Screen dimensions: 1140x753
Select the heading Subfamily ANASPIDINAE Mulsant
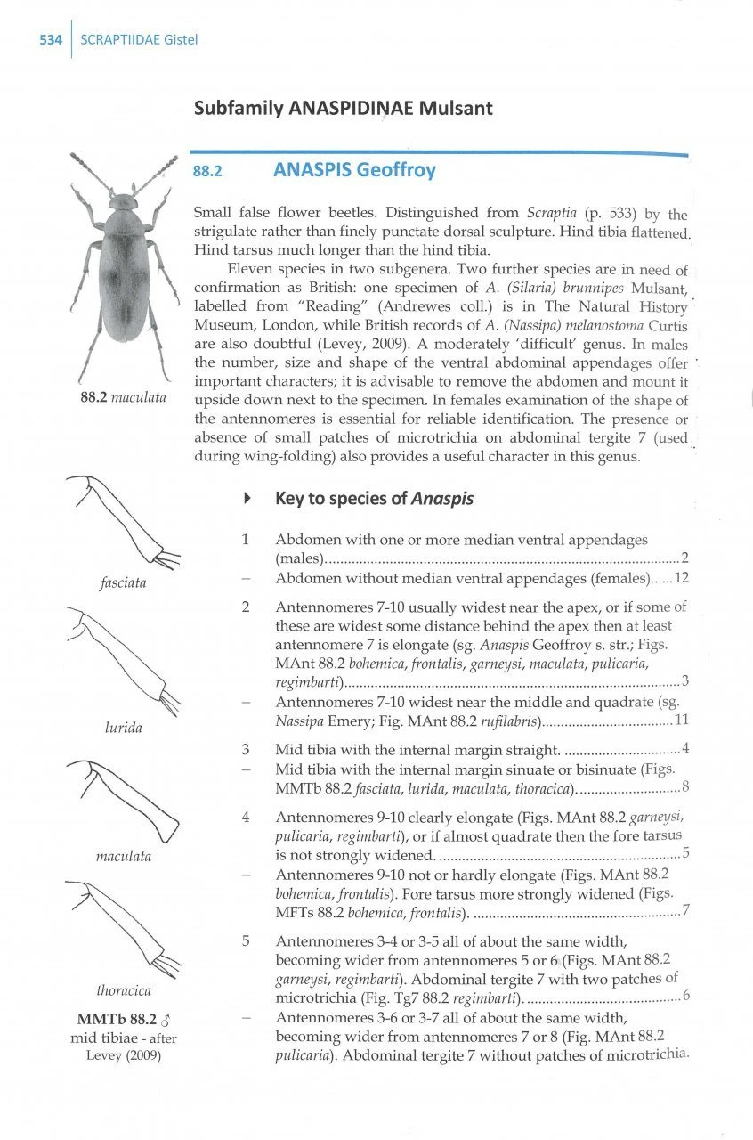343,109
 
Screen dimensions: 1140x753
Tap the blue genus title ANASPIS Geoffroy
354,169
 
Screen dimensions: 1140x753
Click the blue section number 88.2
207,170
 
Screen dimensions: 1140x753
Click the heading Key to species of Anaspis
375,499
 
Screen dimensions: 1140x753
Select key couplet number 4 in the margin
245,817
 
